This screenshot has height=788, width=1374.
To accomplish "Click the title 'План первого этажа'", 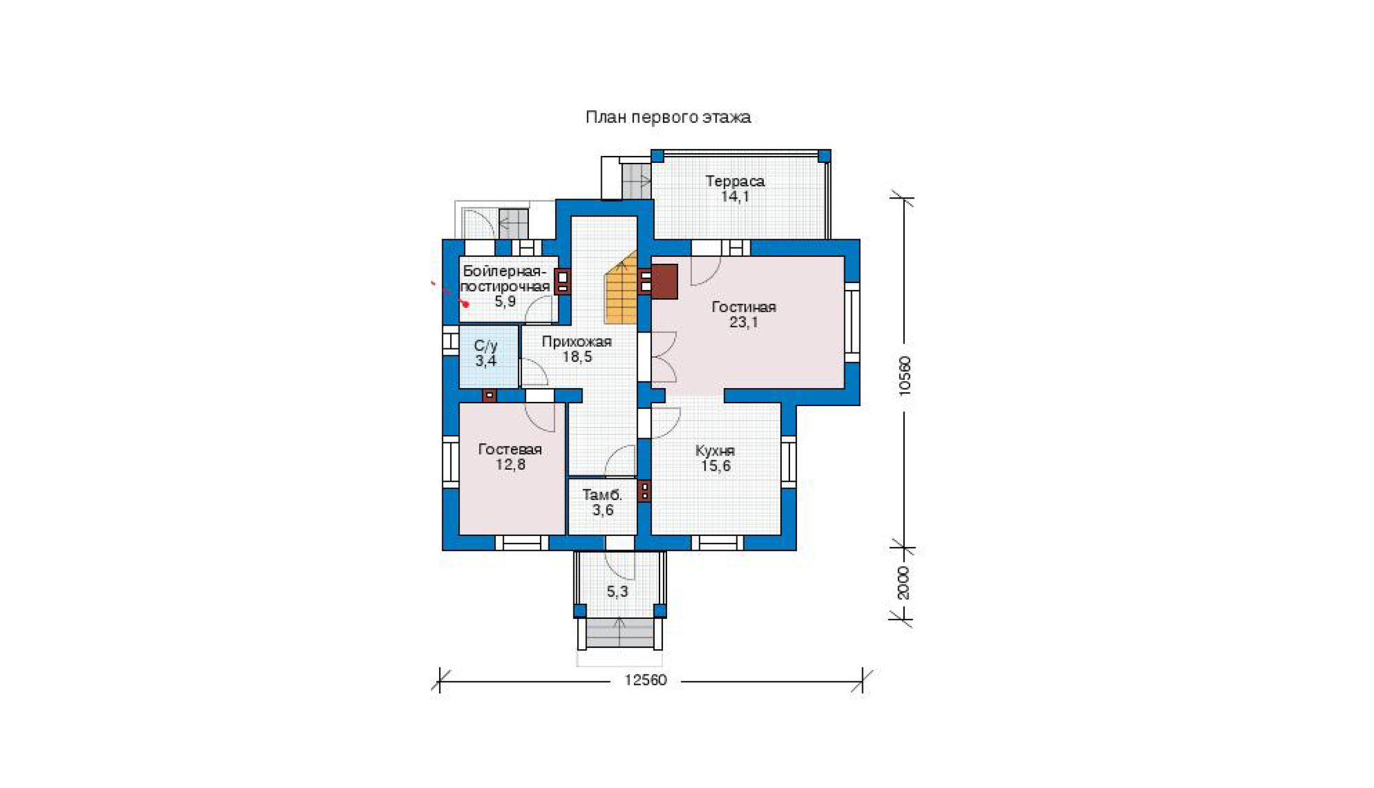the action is point(668,117).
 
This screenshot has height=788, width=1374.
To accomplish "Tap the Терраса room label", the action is point(735,181).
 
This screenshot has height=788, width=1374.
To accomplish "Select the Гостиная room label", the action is point(743,307).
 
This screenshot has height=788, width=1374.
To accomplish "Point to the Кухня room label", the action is point(715,451).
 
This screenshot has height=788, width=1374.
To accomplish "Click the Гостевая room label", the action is point(510,449).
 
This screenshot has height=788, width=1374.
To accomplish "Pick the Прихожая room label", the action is point(576,341).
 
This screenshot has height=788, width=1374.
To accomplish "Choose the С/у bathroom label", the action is point(486,346).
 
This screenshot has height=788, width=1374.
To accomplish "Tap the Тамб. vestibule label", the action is point(602,495).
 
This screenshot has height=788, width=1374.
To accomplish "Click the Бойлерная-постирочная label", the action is point(505,278).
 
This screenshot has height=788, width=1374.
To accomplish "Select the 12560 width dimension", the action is point(645,680).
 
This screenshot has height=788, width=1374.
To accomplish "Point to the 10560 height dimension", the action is point(905,375).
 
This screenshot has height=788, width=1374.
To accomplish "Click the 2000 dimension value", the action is point(903,583).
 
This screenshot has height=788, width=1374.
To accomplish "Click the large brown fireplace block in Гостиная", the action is point(664,282).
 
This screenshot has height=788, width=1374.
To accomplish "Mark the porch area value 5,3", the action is point(617,592).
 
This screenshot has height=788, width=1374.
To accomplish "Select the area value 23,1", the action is point(743,322).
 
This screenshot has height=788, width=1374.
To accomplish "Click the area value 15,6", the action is point(715,466).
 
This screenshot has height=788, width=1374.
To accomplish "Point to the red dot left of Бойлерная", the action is point(465,304).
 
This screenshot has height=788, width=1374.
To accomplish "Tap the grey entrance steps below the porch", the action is point(620,633).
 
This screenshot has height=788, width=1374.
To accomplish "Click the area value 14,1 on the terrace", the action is point(734,196).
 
